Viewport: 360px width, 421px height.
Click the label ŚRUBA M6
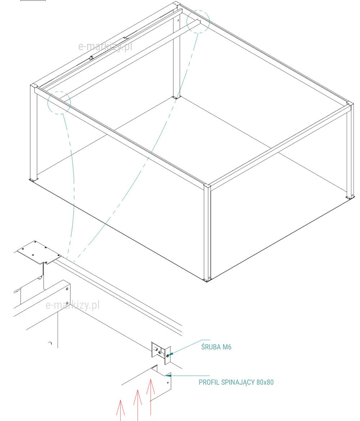pos(216,347)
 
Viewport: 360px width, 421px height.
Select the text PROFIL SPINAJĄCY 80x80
pos(236,382)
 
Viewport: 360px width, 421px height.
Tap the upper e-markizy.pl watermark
pos(105,47)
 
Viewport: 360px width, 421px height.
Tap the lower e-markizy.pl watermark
pos(72,305)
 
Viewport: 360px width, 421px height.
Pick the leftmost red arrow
pos(121,410)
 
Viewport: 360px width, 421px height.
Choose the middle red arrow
pos(138,405)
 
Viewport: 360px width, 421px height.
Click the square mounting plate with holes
pos(39,252)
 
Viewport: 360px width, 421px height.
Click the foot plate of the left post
pos(33,180)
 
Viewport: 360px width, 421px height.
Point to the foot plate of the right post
pos(350,198)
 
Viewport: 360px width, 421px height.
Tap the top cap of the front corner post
pos(207,186)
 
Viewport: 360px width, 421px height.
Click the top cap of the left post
pos(34,85)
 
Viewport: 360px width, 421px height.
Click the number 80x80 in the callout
pos(265,382)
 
